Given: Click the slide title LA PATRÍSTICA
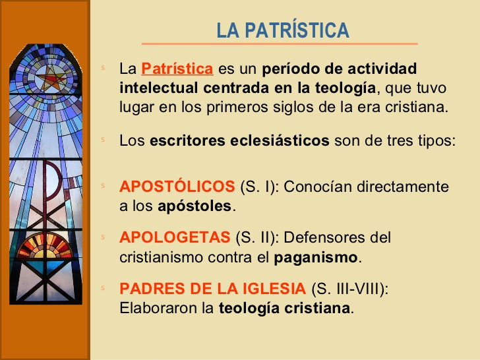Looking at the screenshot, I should pos(283,30).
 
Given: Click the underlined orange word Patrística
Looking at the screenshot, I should pos(177,69).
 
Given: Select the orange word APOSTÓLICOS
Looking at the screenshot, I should pos(177,187).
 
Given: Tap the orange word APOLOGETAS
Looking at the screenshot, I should pos(175,237).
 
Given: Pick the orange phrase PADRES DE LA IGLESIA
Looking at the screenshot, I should pos(212,289).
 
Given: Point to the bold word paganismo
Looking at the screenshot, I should pos(316,256).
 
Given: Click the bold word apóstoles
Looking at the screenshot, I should pos(195,206).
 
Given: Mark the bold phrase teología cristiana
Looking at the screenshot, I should pos(284,308).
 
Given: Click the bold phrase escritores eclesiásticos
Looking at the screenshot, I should pos(239,140).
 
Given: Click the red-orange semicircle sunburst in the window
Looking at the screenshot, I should pos(45,247).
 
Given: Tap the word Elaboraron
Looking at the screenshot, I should pos(155,308).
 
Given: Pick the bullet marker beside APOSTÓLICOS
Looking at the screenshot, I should pos(103,186).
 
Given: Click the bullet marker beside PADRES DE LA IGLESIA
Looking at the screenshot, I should pos(103,288).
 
